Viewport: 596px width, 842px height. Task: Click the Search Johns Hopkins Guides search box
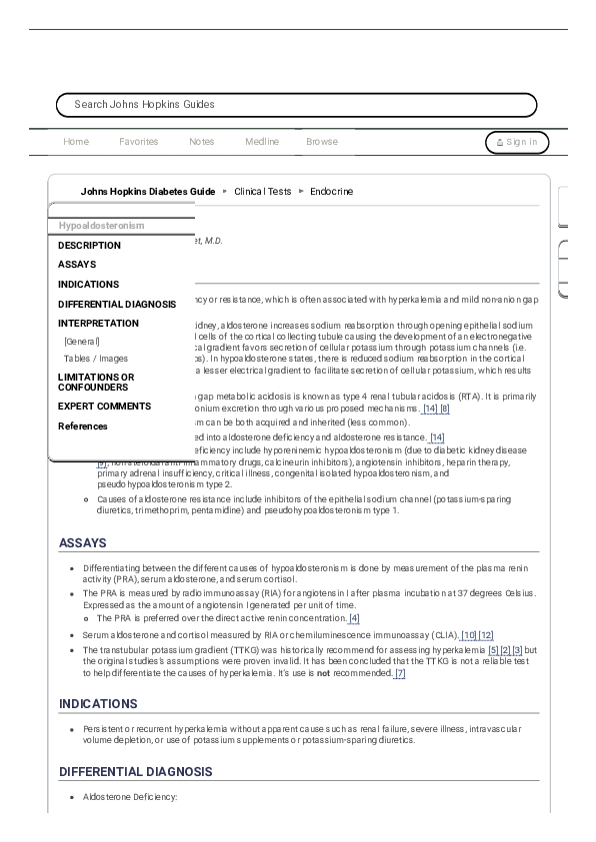tap(296, 105)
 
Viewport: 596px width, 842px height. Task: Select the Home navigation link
tap(76, 142)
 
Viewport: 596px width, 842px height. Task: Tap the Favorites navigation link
tap(138, 142)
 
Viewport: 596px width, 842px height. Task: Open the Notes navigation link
tap(201, 142)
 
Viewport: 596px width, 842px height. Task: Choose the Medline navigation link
tap(262, 142)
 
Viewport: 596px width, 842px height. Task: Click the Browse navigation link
tap(322, 142)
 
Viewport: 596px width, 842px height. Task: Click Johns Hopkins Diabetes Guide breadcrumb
tap(147, 191)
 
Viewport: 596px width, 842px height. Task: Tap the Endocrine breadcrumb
tap(331, 191)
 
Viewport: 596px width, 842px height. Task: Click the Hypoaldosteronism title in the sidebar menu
tap(101, 226)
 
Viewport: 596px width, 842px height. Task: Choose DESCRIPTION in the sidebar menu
tap(89, 245)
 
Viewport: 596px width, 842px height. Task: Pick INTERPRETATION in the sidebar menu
tap(98, 324)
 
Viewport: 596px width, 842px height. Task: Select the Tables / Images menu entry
tap(96, 358)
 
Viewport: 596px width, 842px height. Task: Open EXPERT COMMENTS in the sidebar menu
tap(104, 407)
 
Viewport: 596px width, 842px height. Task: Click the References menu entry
tap(83, 426)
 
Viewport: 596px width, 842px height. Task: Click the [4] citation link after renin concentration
tap(354, 618)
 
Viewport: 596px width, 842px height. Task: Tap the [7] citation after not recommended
tap(400, 674)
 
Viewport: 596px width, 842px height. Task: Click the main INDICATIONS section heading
tap(98, 704)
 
